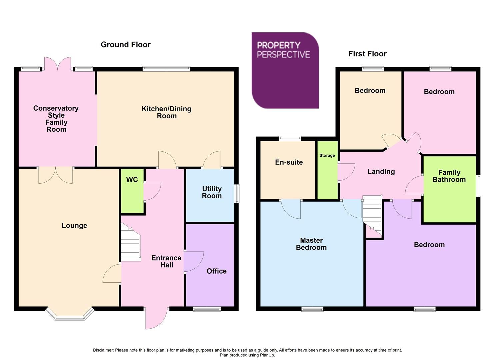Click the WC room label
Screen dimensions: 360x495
tap(132, 180)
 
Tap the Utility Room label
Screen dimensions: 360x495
tap(212, 192)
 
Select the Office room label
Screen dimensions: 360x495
tap(216, 271)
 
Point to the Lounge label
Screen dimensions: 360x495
tap(74, 226)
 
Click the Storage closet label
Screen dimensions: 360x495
tap(327, 155)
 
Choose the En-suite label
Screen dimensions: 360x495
tap(289, 162)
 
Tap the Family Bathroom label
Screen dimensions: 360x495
tap(449, 176)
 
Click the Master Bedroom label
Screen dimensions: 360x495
tap(311, 244)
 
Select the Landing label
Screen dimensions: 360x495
tap(381, 172)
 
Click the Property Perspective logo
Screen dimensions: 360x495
tap(285, 70)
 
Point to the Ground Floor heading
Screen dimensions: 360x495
tap(126, 45)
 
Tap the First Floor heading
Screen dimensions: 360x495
tap(367, 54)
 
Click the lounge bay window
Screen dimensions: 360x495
tap(70, 315)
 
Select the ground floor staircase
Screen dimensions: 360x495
tap(130, 243)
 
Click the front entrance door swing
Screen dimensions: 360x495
tap(156, 318)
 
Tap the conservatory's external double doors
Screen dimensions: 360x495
tap(58, 64)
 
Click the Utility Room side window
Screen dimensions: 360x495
tap(237, 194)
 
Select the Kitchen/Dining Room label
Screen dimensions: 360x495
tap(166, 112)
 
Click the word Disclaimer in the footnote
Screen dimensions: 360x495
tap(103, 350)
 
